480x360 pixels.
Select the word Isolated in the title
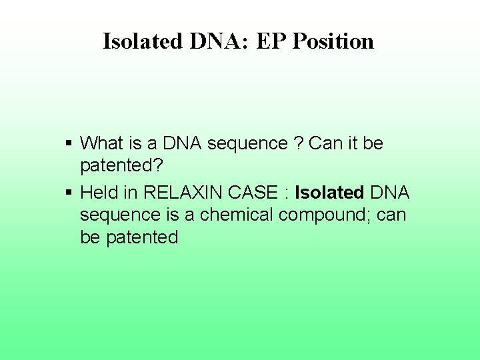142,41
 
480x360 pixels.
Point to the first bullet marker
69,143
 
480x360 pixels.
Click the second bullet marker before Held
69,193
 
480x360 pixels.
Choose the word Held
99,193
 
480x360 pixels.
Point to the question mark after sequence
298,143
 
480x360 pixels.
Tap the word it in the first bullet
351,143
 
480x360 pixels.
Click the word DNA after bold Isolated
391,193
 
